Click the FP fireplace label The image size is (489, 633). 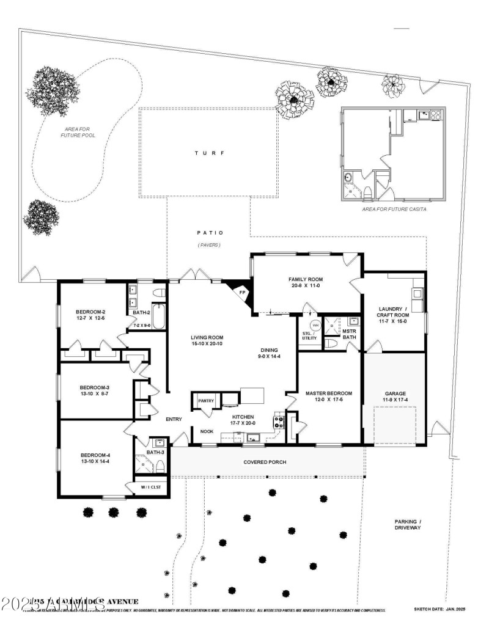click(242, 293)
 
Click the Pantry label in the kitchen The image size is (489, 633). click(206, 401)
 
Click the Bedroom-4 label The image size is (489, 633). click(94, 455)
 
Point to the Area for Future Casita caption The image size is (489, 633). click(394, 209)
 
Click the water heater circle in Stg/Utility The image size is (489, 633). click(315, 325)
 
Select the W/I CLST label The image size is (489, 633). click(150, 487)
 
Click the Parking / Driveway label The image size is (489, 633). click(407, 524)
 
